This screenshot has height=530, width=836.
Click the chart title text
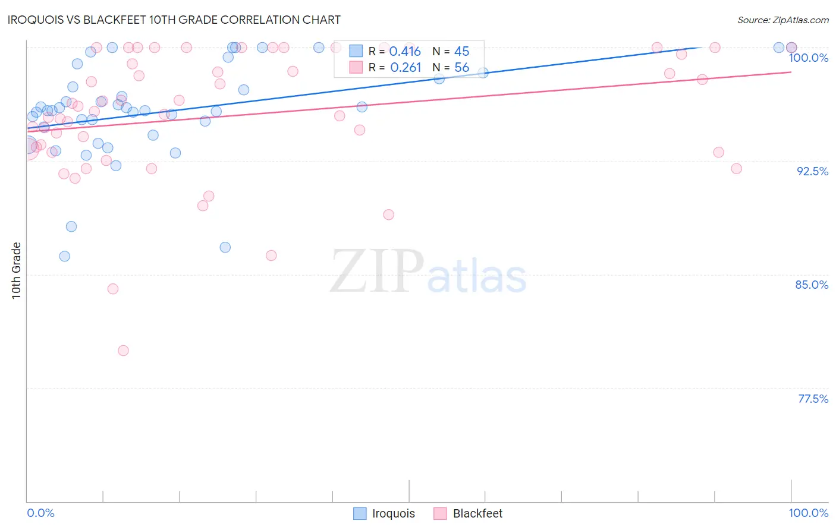174,20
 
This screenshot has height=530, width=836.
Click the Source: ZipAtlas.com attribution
782,20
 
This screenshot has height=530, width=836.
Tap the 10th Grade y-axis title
16,270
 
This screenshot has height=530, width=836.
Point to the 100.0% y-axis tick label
808,58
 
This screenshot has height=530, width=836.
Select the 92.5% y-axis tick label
812,171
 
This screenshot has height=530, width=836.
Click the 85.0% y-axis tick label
812,285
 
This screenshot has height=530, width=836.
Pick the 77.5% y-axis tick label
813,399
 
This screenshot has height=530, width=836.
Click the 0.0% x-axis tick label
40,513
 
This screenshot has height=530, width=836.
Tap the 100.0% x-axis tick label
808,513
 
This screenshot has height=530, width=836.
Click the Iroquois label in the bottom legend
393,513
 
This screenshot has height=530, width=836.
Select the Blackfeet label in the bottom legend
477,513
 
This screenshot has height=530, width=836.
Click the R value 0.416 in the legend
405,52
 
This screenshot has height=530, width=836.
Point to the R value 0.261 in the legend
406,68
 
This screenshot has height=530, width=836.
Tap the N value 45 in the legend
461,52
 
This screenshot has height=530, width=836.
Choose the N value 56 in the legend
461,68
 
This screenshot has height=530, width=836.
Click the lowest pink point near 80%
123,351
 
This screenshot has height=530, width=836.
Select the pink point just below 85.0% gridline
113,289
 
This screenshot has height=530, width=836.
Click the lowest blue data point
65,256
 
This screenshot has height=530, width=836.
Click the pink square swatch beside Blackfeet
440,513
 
